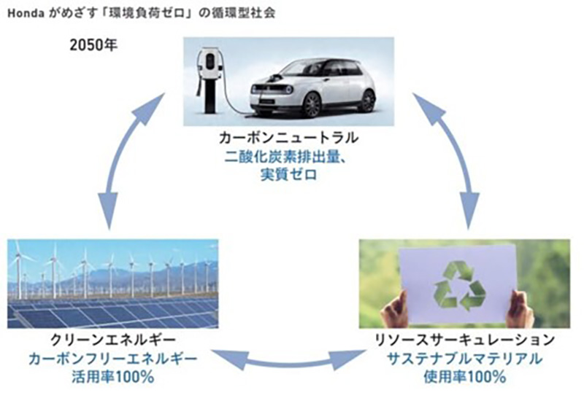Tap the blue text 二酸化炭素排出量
(288, 155)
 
